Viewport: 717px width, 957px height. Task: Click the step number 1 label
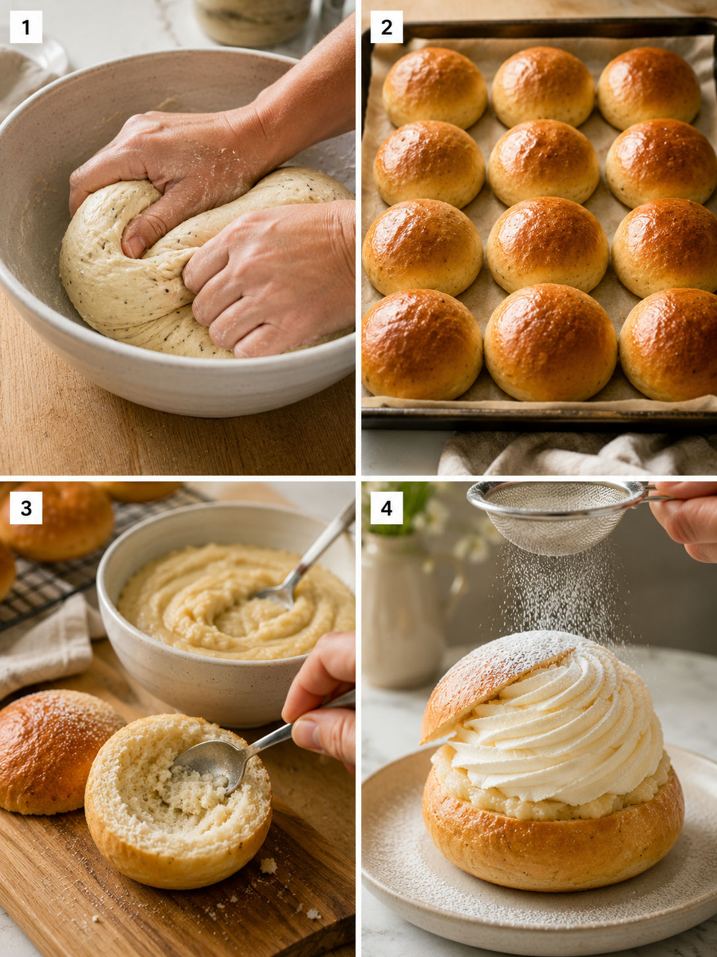26,27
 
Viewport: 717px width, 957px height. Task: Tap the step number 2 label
387,27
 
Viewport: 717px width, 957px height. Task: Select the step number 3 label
26,508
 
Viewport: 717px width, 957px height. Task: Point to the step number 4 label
387,508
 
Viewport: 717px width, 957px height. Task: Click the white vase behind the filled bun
403,611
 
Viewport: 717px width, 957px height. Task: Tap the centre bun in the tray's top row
543,87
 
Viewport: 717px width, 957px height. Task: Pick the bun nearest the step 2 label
434,87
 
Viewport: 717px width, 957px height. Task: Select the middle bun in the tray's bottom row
550,342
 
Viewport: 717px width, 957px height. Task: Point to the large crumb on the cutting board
269,865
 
